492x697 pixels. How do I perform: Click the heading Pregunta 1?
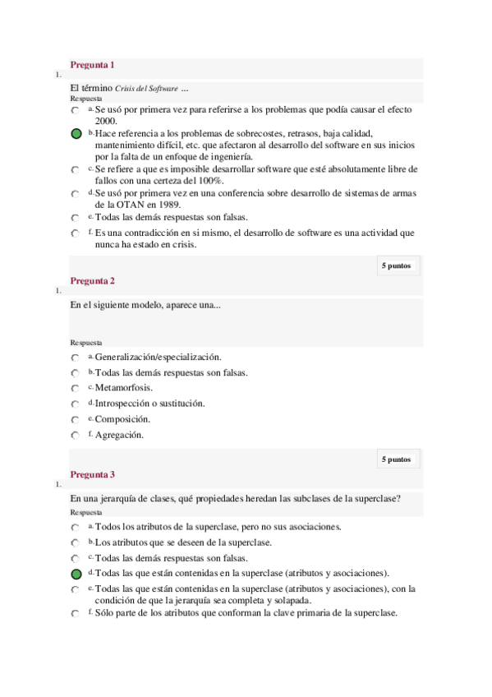click(92, 65)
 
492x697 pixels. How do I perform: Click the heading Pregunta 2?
click(92, 281)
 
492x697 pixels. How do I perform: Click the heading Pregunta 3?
click(92, 474)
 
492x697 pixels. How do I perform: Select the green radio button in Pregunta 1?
click(76, 133)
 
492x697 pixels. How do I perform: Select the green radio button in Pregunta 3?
click(76, 573)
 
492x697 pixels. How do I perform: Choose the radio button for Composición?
click(76, 419)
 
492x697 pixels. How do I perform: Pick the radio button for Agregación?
click(76, 435)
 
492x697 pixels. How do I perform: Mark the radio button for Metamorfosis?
click(76, 388)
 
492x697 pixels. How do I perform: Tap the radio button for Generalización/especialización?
click(76, 358)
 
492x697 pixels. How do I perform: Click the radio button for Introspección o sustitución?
click(76, 404)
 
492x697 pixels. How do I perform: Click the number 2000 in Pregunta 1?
click(105, 121)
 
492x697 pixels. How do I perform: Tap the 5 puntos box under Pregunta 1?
click(396, 265)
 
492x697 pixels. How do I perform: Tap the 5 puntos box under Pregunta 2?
click(396, 459)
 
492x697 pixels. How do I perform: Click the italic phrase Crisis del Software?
click(146, 89)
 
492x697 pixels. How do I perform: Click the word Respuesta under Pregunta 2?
click(86, 343)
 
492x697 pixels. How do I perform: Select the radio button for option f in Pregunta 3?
click(76, 614)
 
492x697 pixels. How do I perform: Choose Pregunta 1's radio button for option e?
click(76, 218)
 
